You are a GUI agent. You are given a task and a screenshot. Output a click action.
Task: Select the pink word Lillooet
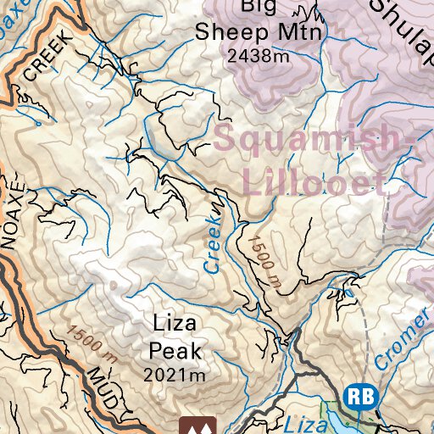pos(314,181)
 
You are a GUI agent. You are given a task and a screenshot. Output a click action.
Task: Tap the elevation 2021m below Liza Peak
pos(175,374)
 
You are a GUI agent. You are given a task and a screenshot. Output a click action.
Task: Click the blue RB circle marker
pos(359,396)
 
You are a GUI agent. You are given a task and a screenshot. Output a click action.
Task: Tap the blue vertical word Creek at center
pos(213,242)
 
